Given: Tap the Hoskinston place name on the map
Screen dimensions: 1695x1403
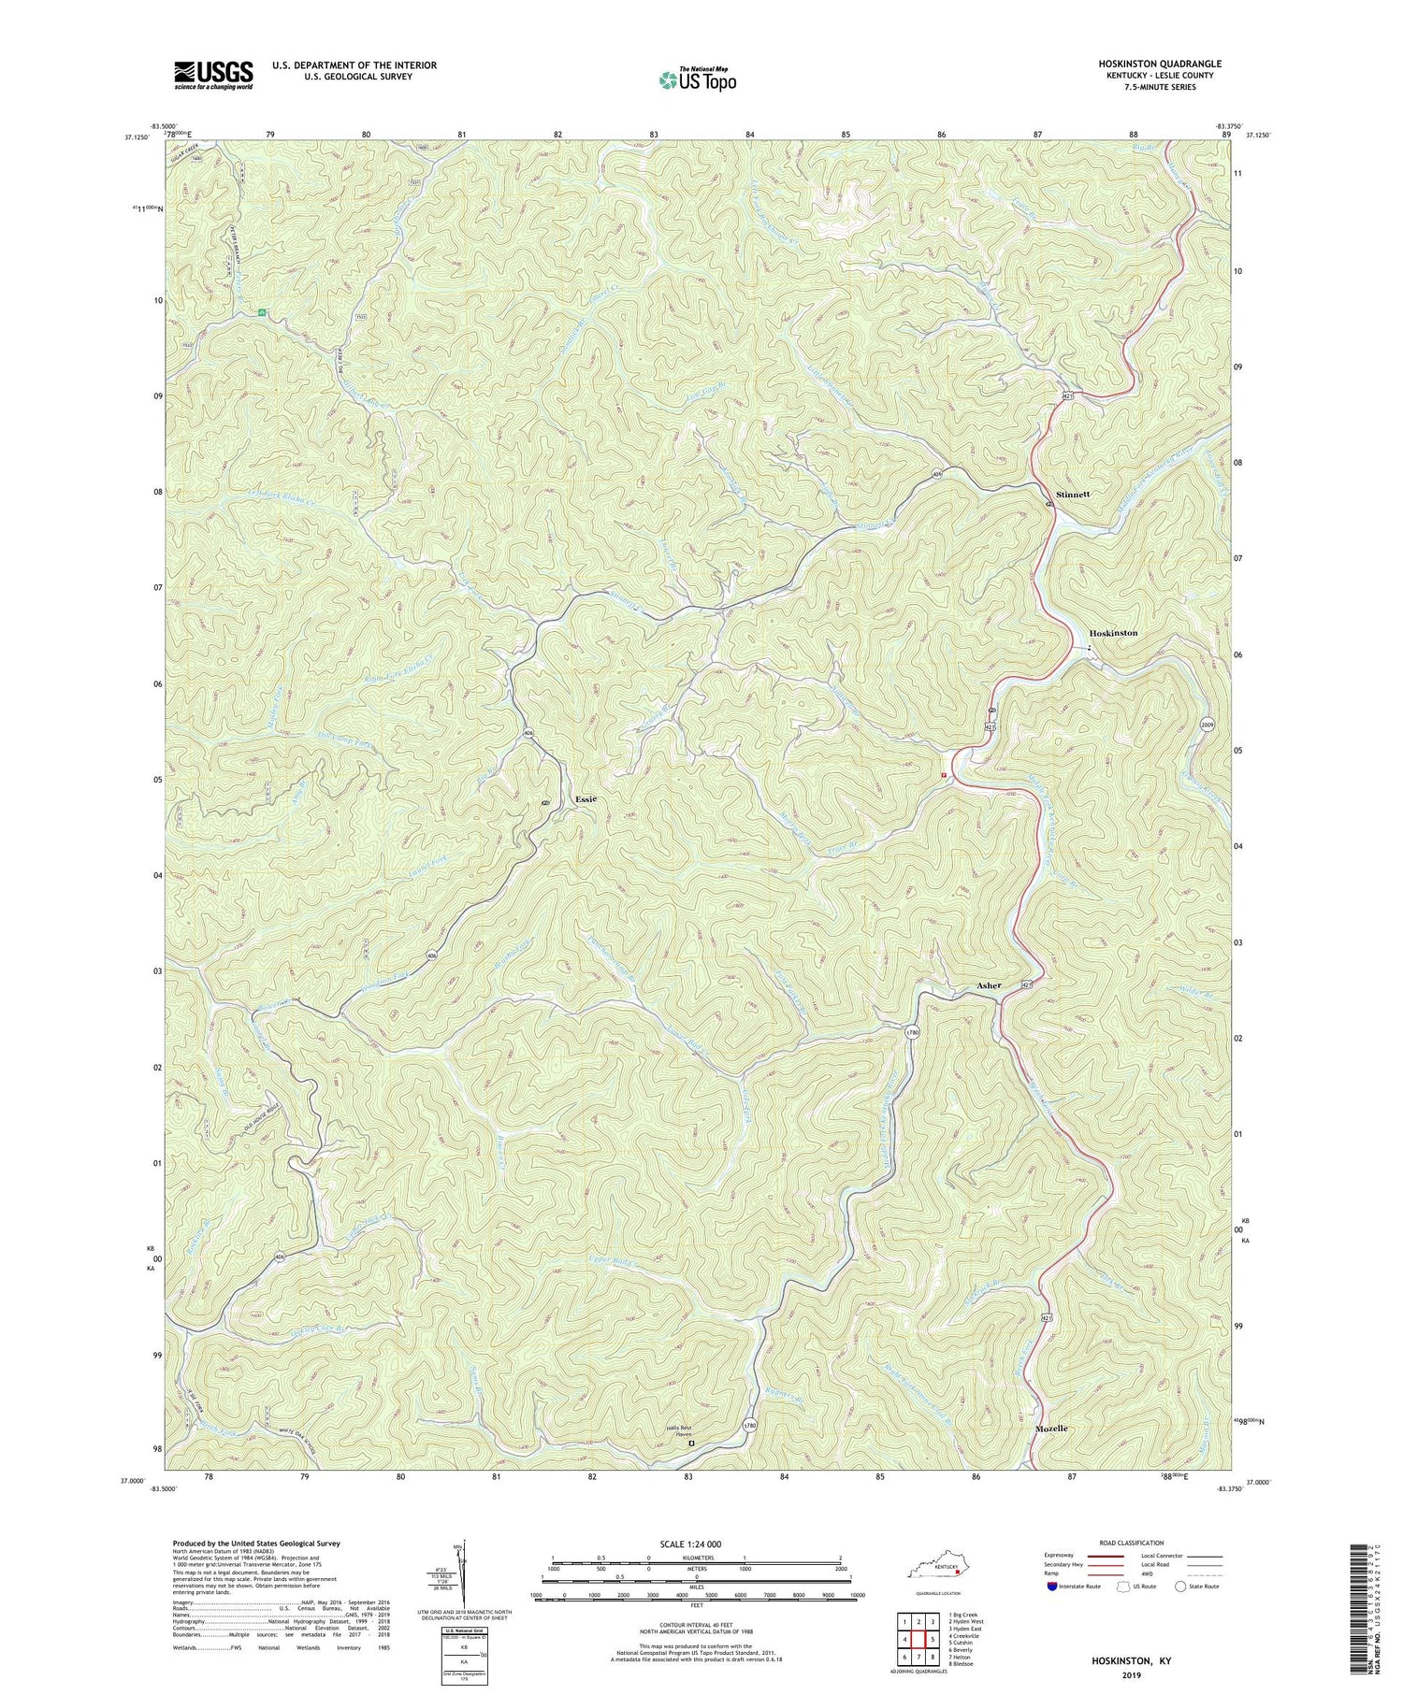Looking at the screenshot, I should pyautogui.click(x=1112, y=633).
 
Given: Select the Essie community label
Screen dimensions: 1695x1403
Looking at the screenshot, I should pyautogui.click(x=586, y=800).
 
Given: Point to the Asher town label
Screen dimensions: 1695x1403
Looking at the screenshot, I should pyautogui.click(x=989, y=985).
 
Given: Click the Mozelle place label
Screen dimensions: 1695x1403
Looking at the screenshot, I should pyautogui.click(x=1051, y=1429).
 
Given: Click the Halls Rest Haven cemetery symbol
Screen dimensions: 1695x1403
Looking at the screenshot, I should pyautogui.click(x=691, y=1444).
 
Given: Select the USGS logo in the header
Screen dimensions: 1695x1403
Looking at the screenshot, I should pyautogui.click(x=213, y=76).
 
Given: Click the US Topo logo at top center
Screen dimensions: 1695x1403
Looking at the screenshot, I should pyautogui.click(x=697, y=80).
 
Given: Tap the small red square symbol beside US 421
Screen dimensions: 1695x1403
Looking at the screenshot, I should pyautogui.click(x=945, y=774).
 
